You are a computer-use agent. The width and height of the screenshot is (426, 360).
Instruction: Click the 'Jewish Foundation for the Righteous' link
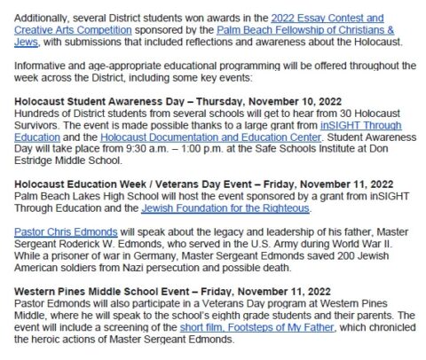(x=225, y=209)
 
